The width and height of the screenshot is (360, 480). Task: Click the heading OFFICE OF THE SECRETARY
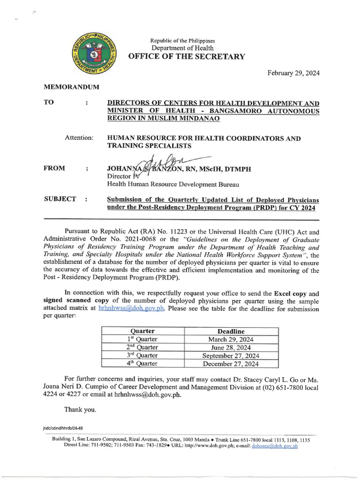pos(187,57)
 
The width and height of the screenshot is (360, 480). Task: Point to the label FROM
pos(55,168)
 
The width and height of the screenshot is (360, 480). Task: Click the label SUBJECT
pos(60,199)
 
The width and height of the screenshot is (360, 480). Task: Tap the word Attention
pos(79,138)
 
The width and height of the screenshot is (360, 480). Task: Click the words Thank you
pos(80,409)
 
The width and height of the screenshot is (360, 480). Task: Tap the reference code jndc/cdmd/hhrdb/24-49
pos(62,428)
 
